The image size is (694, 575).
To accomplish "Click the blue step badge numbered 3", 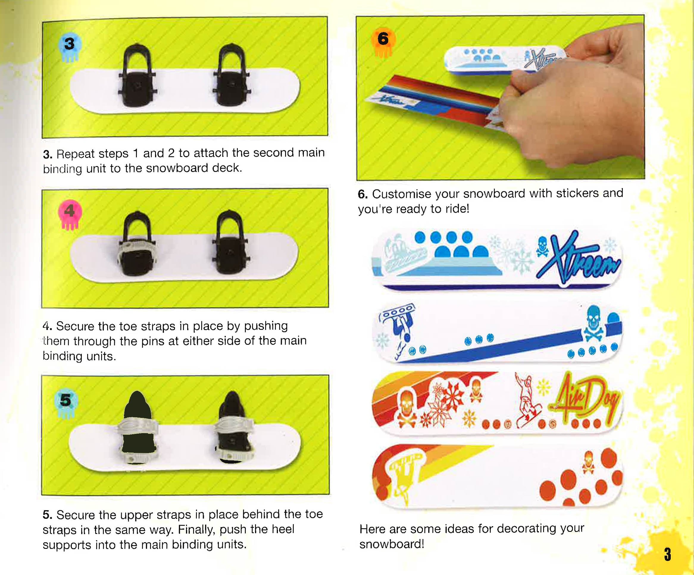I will [x=69, y=44].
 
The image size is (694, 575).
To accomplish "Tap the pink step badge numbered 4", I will [x=69, y=211].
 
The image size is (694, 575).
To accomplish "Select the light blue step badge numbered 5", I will [x=66, y=401].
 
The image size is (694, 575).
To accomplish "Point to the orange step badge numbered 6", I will [x=383, y=39].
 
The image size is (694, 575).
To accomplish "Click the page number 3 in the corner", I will [x=668, y=554].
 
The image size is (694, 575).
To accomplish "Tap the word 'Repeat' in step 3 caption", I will [x=76, y=154].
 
